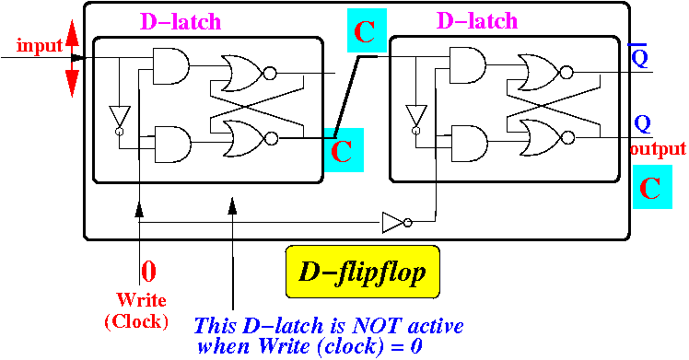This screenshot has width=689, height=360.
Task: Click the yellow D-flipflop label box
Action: [363, 272]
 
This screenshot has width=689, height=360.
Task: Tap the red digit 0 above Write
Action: [148, 272]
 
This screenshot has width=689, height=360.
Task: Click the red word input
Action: [40, 45]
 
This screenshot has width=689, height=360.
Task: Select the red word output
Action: [658, 149]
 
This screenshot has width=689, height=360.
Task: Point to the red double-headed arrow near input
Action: [72, 58]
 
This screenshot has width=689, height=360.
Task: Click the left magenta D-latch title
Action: [181, 21]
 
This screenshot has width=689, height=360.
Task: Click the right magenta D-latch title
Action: [477, 20]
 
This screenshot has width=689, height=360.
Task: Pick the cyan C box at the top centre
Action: [367, 30]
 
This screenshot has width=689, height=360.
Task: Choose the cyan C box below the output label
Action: [652, 187]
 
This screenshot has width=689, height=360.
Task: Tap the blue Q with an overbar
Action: [640, 55]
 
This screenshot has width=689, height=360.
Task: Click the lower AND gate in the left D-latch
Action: [172, 145]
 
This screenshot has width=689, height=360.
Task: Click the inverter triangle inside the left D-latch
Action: [120, 120]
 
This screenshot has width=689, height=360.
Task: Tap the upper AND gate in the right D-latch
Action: [468, 65]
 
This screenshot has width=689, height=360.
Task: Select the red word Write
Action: [142, 300]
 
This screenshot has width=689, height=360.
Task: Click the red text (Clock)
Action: [136, 321]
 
